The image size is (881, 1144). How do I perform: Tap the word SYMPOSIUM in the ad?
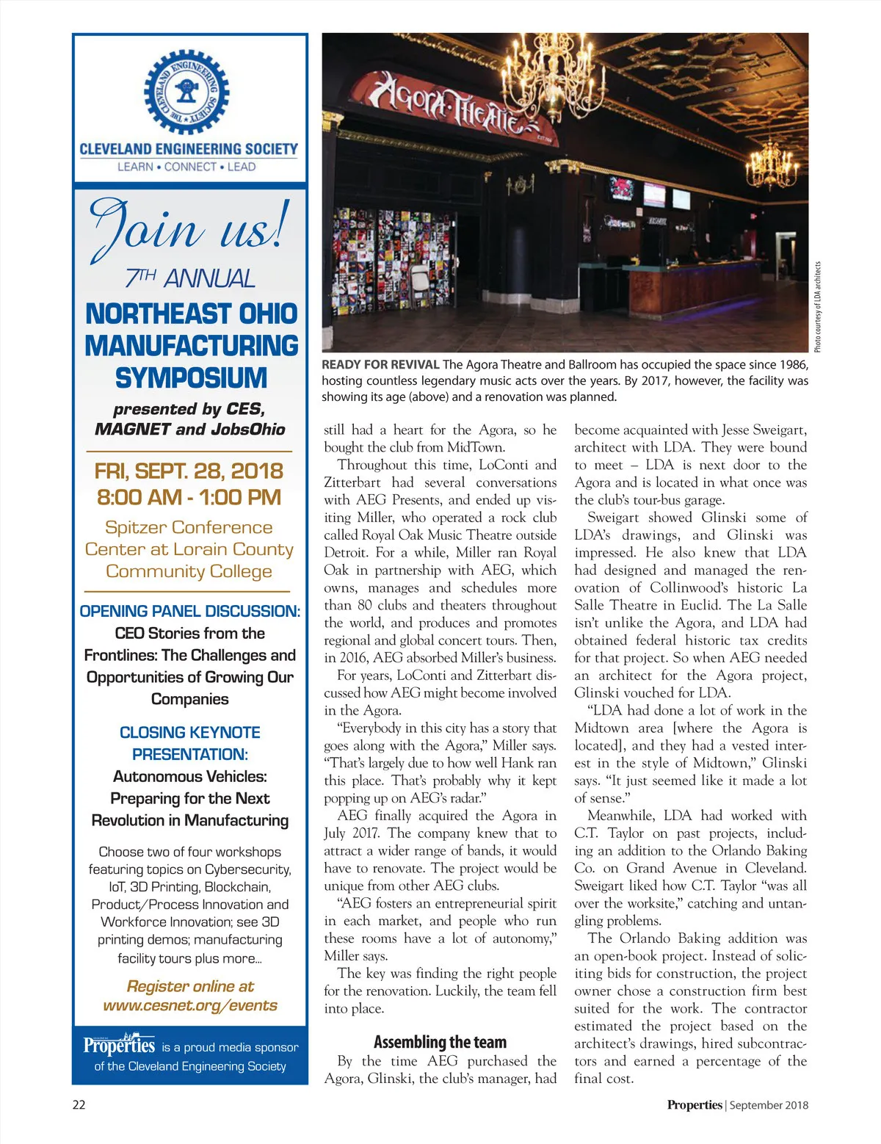(x=191, y=378)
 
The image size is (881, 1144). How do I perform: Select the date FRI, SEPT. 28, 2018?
(x=189, y=471)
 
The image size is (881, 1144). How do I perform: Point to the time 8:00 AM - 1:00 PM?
(x=189, y=497)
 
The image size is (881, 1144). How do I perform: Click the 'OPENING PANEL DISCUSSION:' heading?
(x=189, y=611)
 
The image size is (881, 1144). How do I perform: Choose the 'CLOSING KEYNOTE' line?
(x=189, y=732)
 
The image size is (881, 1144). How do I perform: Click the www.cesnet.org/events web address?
(x=190, y=1005)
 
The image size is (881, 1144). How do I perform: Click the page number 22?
(x=79, y=1105)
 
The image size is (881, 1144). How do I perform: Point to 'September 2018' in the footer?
(x=769, y=1105)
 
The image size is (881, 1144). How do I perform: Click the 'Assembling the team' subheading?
(x=440, y=1042)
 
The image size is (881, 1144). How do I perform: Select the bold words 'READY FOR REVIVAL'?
(x=380, y=365)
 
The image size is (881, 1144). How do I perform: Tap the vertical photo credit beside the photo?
(x=818, y=307)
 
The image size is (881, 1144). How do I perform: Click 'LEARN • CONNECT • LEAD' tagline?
(x=186, y=167)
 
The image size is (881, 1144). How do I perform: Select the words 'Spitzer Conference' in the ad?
(x=189, y=527)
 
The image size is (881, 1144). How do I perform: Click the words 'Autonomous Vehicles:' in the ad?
(x=189, y=776)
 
